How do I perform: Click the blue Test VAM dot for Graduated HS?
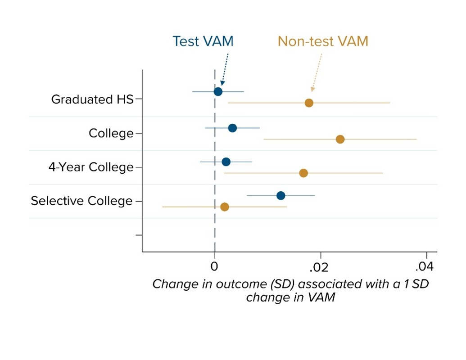point(218,92)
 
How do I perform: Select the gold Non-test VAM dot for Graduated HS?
point(309,103)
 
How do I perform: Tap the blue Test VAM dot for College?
point(232,128)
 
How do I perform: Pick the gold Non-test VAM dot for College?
point(340,139)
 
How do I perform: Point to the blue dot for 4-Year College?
point(226,162)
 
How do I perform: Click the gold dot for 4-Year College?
point(303,173)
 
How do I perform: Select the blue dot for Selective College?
point(281,196)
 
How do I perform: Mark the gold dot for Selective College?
point(225,207)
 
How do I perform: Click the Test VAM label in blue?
point(203,41)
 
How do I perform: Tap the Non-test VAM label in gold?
point(323,41)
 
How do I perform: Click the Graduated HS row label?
point(92,99)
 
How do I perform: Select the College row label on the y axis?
point(111,134)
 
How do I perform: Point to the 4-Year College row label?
point(91,167)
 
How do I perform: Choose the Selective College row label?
point(81,201)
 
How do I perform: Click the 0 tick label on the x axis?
point(215,267)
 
